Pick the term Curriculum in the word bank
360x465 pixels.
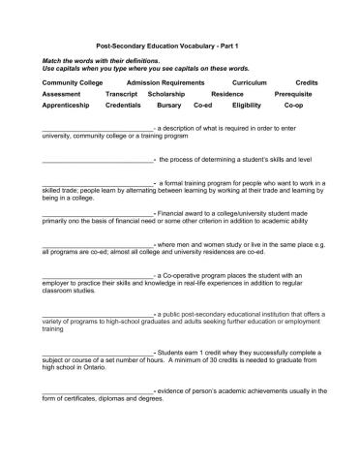[x=250, y=83]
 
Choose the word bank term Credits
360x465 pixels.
[x=307, y=83]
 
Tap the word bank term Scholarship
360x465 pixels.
[x=165, y=94]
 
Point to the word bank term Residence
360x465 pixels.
[x=227, y=94]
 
